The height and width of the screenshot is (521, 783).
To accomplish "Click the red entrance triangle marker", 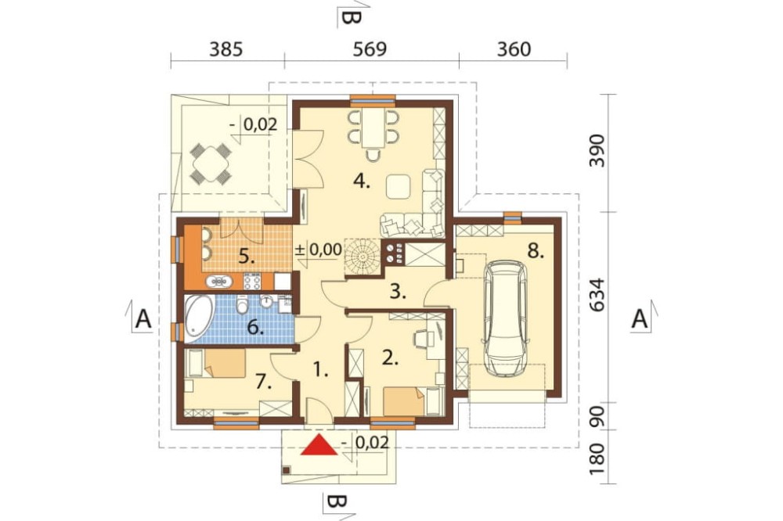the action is [x=319, y=445].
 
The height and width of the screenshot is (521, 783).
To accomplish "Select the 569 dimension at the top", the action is [x=370, y=49].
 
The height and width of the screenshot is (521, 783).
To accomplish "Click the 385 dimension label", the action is [x=226, y=49].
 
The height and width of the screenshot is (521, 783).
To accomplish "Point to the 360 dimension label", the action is [x=514, y=49].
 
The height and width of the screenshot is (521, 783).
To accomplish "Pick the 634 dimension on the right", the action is [x=597, y=295].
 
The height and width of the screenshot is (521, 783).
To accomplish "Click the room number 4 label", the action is [x=362, y=182].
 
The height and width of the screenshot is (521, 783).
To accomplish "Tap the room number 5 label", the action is [x=247, y=257].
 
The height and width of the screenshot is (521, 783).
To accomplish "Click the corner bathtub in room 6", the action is [x=199, y=315].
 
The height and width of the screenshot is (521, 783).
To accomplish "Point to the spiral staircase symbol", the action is [x=363, y=257].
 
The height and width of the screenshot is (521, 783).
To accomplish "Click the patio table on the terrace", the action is [x=209, y=163].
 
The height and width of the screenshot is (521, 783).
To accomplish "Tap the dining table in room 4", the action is [x=373, y=128].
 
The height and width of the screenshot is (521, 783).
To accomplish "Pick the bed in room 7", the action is [x=216, y=363].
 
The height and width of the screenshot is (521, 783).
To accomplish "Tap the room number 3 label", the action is [x=398, y=292].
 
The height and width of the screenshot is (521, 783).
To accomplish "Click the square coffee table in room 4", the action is [x=399, y=186].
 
